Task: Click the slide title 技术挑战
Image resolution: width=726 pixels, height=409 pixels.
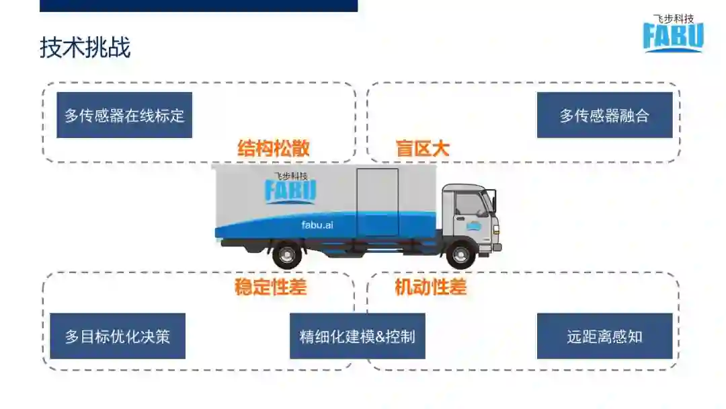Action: (x=85, y=48)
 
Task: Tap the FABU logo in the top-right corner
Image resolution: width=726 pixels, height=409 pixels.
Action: (x=672, y=37)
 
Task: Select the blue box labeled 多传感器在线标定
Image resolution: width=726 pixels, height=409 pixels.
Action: (x=124, y=115)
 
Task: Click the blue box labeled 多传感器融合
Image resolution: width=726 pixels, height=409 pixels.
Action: (x=604, y=115)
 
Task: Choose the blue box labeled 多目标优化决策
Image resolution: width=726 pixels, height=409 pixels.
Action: (x=118, y=336)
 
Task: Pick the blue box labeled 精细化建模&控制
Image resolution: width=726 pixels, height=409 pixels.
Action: (x=357, y=336)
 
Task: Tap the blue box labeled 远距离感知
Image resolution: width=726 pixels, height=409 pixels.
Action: (x=604, y=336)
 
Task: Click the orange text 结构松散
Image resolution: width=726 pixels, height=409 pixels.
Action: (x=274, y=149)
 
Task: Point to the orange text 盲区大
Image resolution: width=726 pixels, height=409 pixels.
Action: (x=422, y=149)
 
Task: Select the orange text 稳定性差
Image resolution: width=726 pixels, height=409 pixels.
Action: (x=270, y=287)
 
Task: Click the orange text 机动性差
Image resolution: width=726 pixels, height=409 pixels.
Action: (x=430, y=287)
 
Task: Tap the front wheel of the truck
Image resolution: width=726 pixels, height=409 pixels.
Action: (x=460, y=255)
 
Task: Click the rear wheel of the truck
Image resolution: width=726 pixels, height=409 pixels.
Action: (x=287, y=255)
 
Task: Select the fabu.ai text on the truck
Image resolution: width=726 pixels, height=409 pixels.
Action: (x=317, y=225)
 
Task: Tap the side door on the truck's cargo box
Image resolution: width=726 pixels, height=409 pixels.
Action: (x=377, y=202)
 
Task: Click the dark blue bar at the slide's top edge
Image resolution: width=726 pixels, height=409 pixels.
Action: (x=198, y=5)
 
